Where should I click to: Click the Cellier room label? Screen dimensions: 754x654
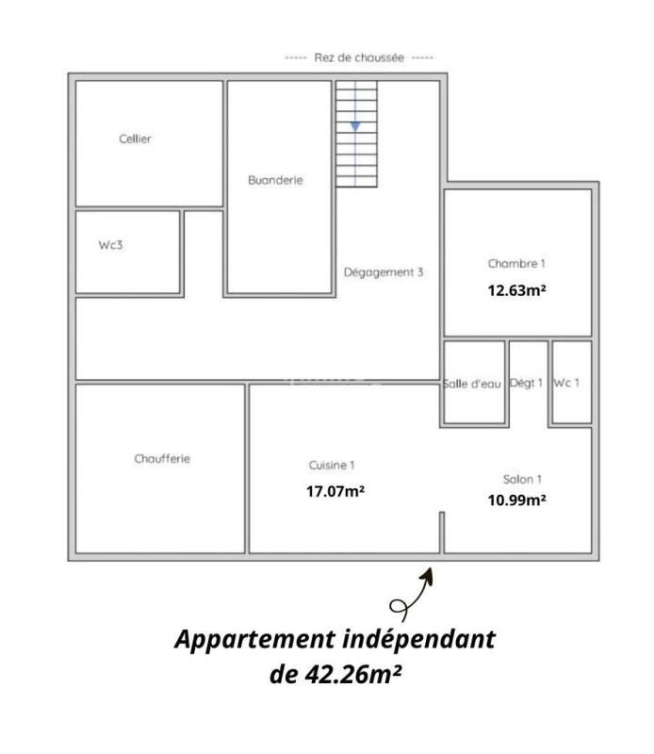pos(136,139)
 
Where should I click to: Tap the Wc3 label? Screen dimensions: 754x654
pos(111,244)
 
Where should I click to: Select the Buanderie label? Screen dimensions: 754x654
pos(275,180)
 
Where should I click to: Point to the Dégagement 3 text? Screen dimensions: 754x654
pos(384,272)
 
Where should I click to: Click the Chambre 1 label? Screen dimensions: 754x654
pos(516,264)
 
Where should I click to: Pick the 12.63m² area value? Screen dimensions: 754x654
pos(516,290)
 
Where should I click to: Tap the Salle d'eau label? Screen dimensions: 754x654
pos(471,384)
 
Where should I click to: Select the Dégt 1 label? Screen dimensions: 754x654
pos(527,383)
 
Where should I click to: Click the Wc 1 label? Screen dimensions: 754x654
pos(566,383)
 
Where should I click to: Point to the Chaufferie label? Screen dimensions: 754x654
pos(163,459)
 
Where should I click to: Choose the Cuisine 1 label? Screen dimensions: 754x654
pos(332,466)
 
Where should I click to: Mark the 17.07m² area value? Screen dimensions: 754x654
pos(335,491)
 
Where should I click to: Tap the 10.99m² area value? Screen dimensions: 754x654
pos(516,500)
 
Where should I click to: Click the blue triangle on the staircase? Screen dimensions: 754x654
pos(355,125)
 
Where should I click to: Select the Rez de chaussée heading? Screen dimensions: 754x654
pos(359,57)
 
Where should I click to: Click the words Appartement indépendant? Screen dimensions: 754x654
pos(335,639)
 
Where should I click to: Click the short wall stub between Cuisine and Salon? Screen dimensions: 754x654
pos(441,532)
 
